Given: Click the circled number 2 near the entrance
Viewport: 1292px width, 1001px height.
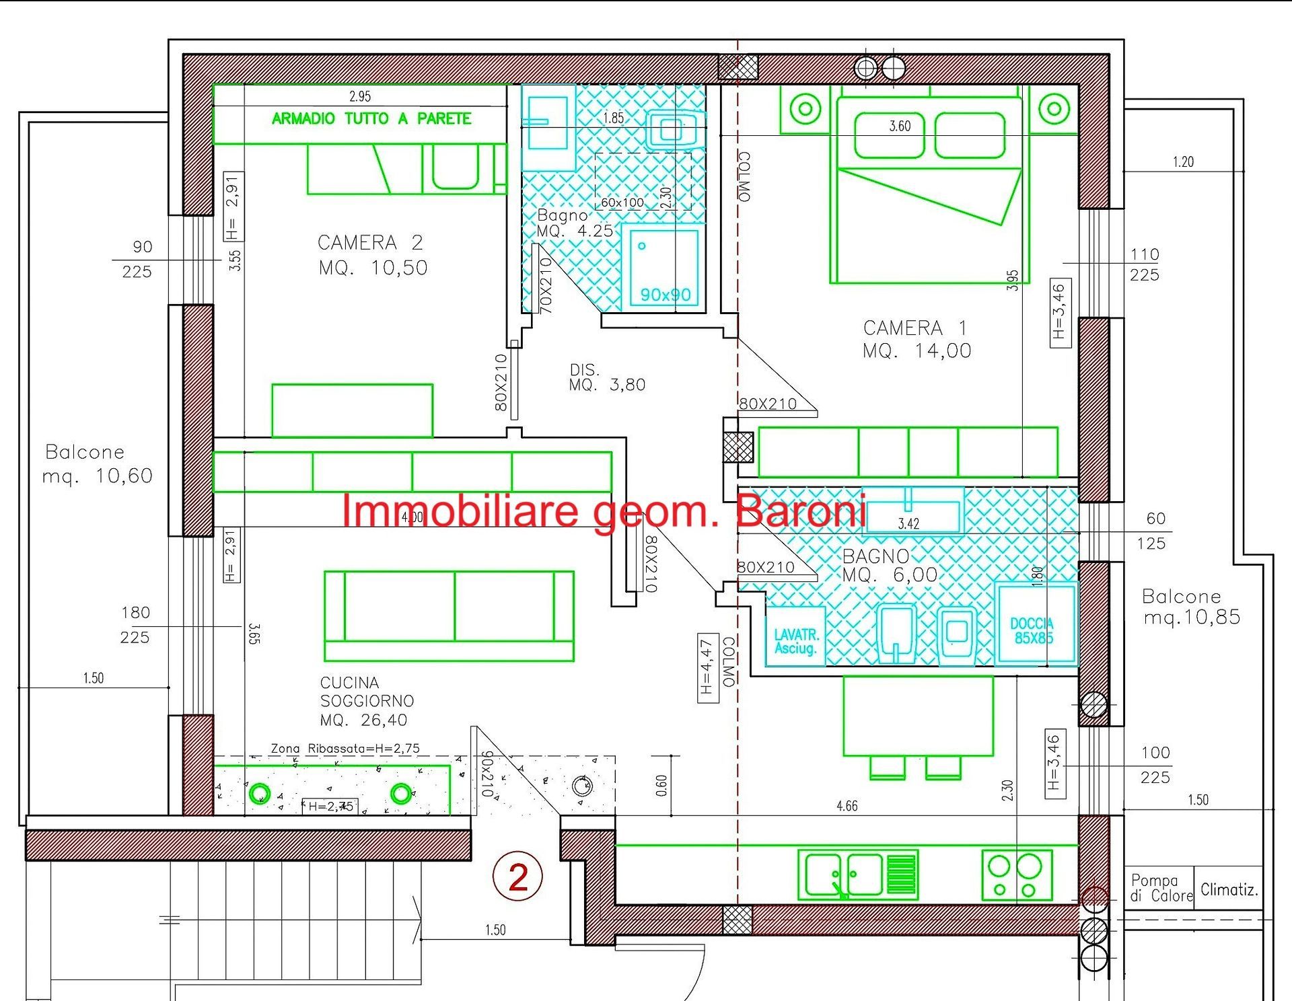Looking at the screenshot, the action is tap(517, 877).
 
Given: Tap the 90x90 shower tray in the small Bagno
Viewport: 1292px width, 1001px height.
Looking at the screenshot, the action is tap(663, 267).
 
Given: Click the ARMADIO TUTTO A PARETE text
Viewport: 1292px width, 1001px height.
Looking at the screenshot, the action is tap(371, 119).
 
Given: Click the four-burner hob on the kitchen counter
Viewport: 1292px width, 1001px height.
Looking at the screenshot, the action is tap(1017, 875).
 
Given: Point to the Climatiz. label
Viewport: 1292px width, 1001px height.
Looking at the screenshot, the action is tap(1229, 889).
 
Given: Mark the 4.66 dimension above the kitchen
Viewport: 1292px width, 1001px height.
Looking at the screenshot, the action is tap(847, 805).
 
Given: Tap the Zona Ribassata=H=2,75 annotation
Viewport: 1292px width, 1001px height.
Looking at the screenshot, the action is tap(345, 748).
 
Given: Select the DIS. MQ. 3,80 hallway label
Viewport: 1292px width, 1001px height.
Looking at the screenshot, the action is tap(606, 377).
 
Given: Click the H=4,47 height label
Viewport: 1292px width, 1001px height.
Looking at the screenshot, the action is tap(707, 667).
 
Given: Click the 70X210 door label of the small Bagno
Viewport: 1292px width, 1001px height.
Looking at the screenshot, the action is tap(546, 285).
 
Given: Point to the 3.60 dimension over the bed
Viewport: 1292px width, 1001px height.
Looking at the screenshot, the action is tap(900, 126).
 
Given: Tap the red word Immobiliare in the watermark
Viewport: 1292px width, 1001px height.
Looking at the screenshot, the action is tap(460, 511).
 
